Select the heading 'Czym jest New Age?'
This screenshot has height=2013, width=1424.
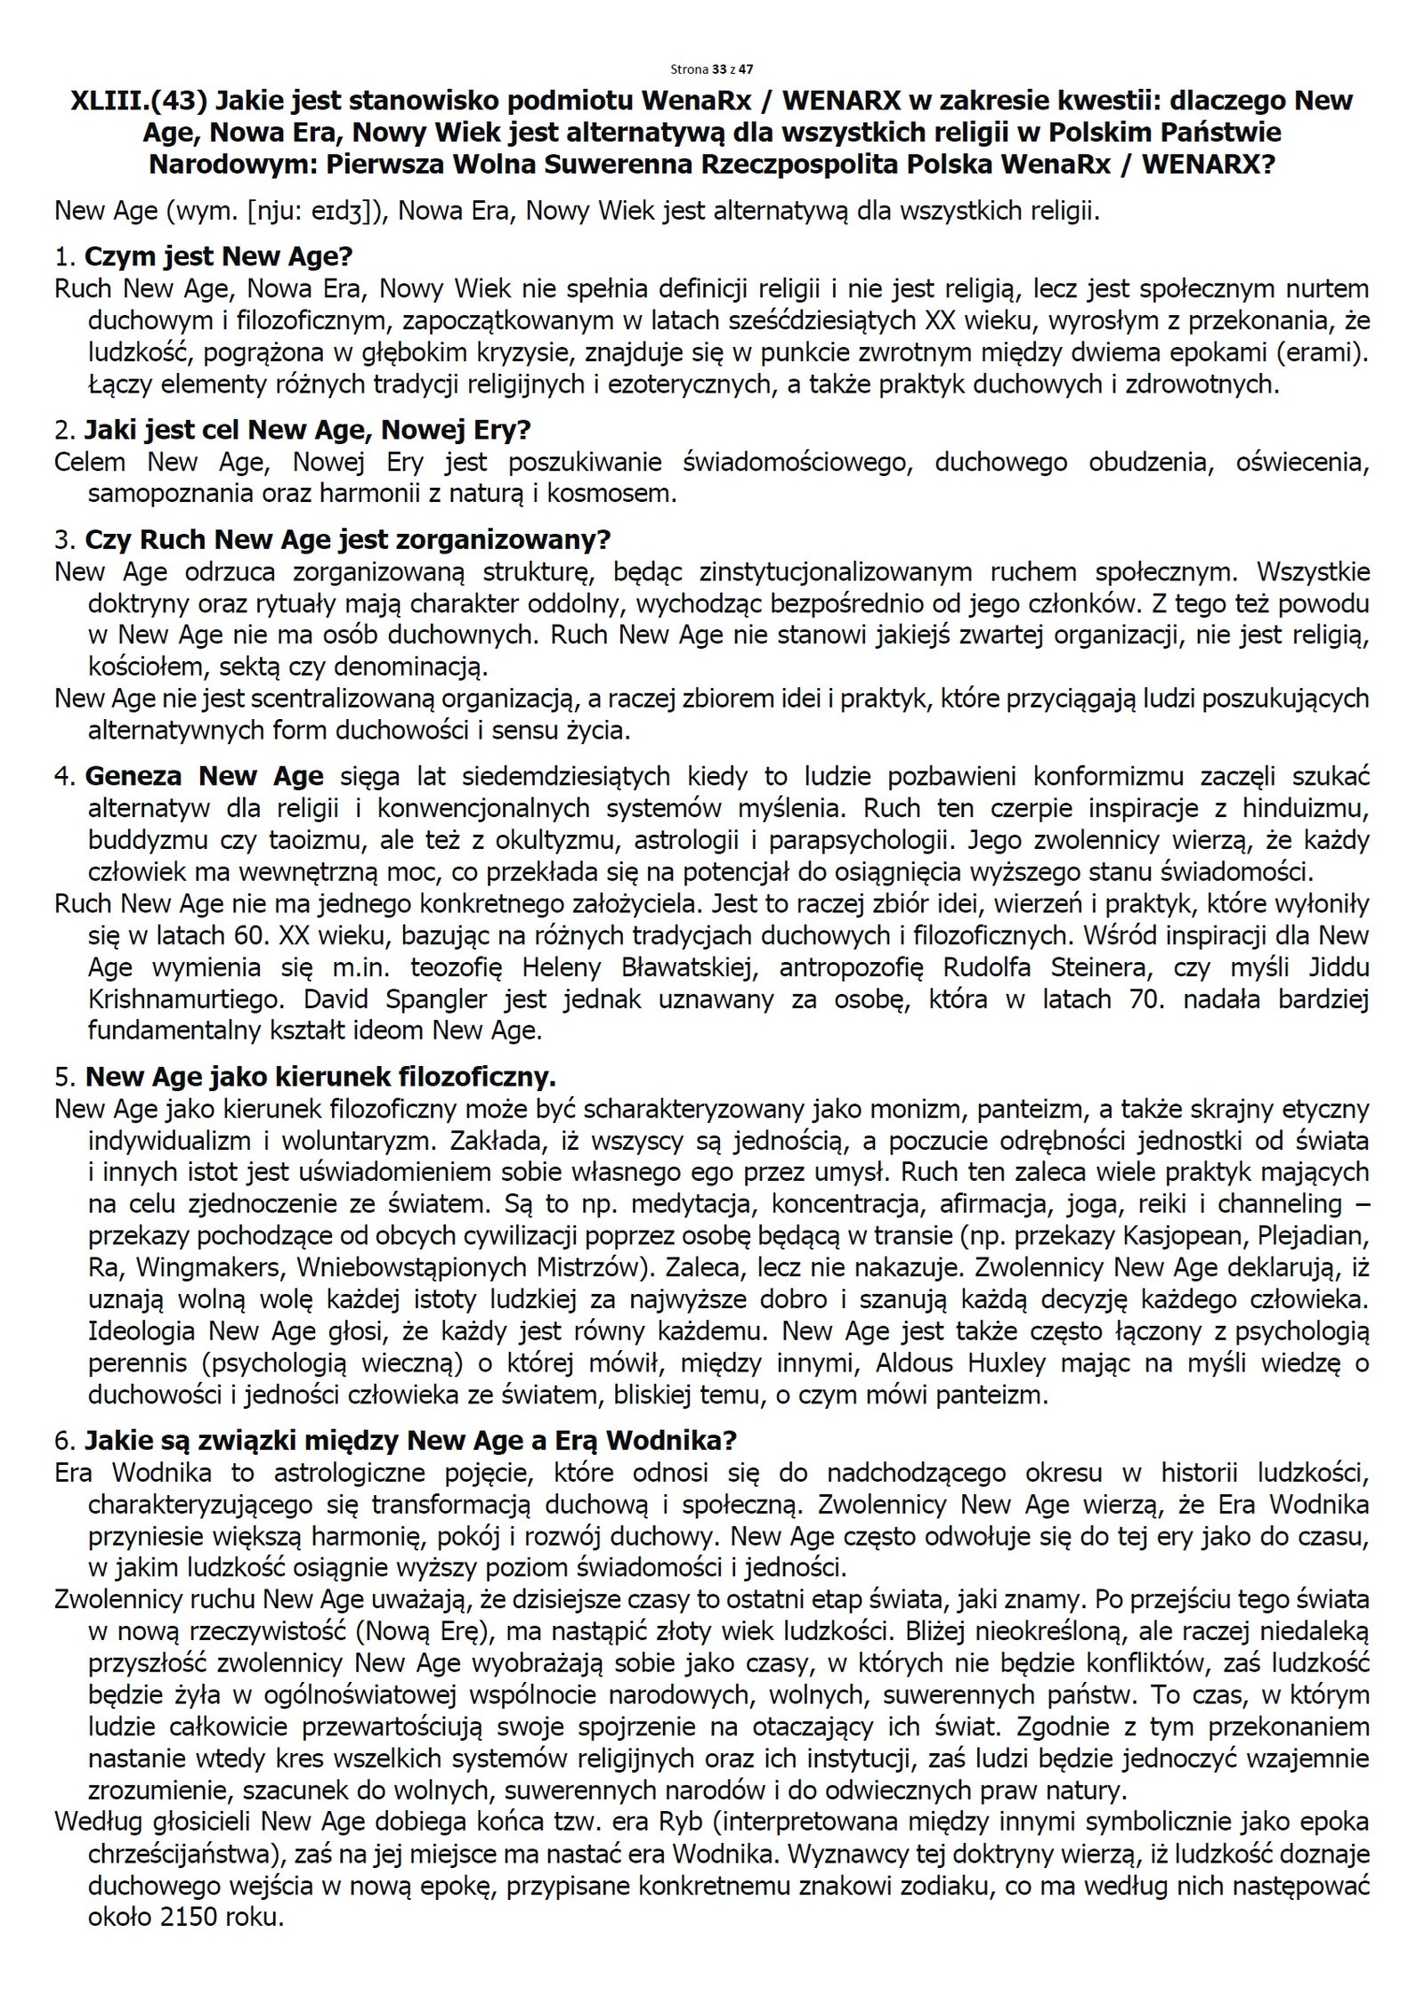tap(218, 257)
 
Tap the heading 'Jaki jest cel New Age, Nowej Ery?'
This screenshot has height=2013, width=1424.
tap(307, 431)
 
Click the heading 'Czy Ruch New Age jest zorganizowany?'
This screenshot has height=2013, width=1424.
tap(348, 540)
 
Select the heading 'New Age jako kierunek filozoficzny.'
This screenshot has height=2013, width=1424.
tap(320, 1078)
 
